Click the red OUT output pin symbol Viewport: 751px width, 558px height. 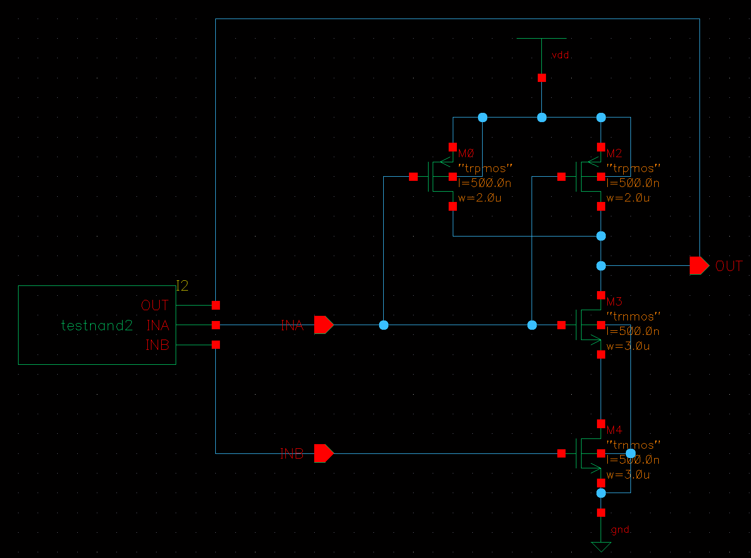(699, 266)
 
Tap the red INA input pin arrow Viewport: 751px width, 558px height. (323, 325)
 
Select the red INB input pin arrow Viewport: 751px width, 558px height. (323, 453)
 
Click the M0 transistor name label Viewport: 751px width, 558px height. (466, 154)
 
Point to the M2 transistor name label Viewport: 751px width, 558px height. (615, 154)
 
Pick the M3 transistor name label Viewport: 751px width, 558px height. (615, 301)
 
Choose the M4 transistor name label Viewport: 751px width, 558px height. (615, 430)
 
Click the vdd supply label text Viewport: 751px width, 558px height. (560, 55)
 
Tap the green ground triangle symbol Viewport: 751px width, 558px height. (601, 547)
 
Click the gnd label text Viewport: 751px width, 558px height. (620, 530)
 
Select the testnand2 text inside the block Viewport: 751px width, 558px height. (97, 326)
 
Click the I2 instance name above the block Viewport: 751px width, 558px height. (182, 286)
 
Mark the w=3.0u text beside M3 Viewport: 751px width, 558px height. (628, 346)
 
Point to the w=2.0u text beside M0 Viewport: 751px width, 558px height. (480, 198)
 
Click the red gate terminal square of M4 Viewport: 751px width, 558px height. (561, 453)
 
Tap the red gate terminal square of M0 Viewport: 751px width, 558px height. (413, 177)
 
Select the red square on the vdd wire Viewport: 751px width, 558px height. (542, 78)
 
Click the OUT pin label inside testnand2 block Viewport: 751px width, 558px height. (155, 306)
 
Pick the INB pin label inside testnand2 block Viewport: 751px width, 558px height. (157, 345)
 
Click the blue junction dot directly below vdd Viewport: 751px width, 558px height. (542, 117)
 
